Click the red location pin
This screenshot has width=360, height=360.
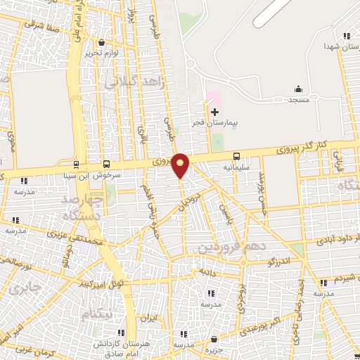pos(181,164)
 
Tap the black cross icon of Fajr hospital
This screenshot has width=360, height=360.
pos(214,112)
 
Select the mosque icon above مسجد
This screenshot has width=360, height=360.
pos(298,89)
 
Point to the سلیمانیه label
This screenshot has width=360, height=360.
pos(237,168)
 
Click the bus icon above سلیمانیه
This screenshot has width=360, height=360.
pos(236,156)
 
